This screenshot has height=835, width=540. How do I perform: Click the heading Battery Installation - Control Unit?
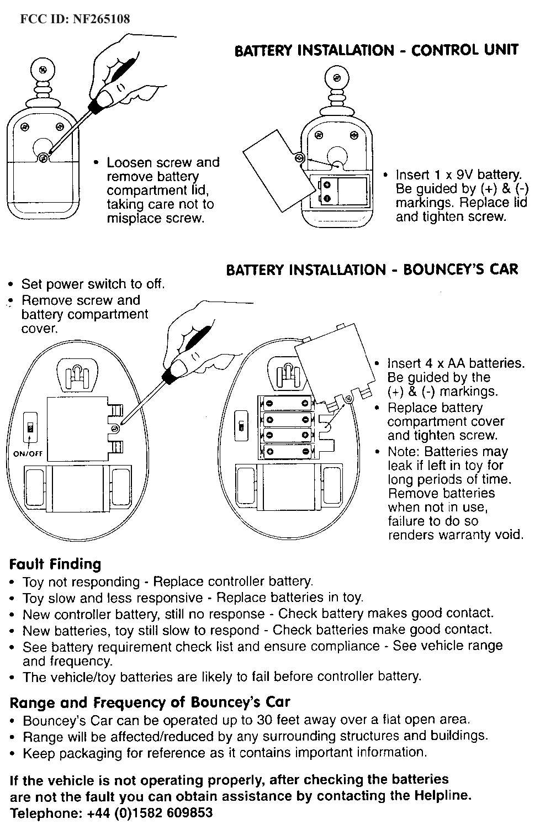376,50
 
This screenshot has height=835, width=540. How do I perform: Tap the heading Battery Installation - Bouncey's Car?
372,269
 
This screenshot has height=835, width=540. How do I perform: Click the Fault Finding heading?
55,564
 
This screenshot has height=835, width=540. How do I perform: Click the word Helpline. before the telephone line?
442,796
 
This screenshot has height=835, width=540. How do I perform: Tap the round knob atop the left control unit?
43,70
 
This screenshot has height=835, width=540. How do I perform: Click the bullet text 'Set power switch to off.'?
93,284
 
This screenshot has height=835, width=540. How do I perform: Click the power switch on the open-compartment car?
241,426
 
